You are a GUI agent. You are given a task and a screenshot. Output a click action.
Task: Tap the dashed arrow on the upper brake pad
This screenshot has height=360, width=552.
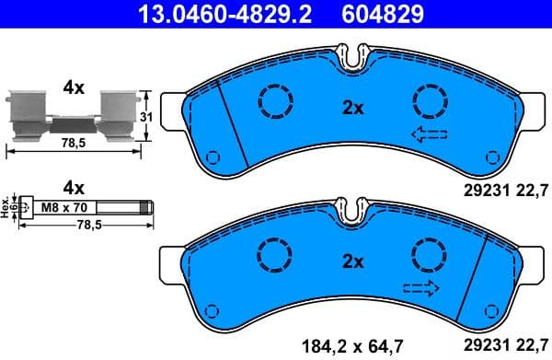tap(429, 135)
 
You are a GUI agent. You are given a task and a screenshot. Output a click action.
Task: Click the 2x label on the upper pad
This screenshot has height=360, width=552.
tap(353, 107)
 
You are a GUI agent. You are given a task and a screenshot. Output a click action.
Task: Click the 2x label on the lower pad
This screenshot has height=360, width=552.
tap(353, 261)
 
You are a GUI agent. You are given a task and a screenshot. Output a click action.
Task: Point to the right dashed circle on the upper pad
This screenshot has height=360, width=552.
tap(429, 100)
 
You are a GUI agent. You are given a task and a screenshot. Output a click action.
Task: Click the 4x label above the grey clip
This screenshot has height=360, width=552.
tap(73, 88)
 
